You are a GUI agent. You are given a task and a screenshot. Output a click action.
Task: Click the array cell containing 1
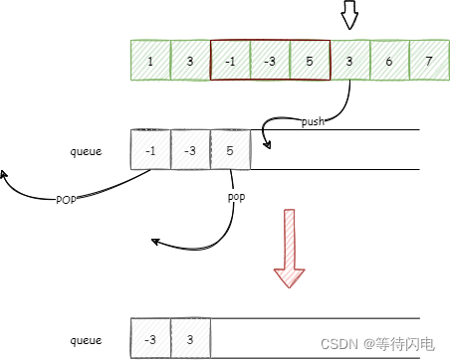(x=150, y=60)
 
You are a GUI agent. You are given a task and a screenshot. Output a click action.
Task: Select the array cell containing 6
(x=389, y=60)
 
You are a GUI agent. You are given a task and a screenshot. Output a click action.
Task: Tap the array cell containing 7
(x=429, y=60)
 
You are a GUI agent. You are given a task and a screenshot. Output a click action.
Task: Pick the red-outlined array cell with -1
(x=230, y=60)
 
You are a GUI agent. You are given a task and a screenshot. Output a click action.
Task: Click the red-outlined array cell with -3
(x=270, y=60)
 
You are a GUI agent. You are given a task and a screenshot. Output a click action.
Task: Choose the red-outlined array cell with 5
(x=310, y=60)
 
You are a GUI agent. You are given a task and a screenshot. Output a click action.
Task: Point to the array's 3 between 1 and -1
(x=190, y=60)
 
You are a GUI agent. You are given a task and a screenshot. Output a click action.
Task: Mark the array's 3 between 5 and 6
(x=349, y=60)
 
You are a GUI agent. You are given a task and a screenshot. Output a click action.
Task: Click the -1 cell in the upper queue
(x=150, y=149)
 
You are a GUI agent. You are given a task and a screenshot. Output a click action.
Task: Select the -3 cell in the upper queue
(x=190, y=149)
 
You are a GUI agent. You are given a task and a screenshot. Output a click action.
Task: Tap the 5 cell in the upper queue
(x=230, y=149)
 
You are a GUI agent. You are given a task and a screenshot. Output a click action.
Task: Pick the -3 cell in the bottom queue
(x=150, y=339)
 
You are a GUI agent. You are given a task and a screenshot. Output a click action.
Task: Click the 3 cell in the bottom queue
(x=190, y=339)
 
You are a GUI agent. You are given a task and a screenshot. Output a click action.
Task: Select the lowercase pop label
(x=236, y=198)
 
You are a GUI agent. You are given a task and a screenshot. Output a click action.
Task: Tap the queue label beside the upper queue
(x=87, y=151)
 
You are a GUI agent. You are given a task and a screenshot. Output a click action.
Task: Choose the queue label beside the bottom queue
(x=87, y=340)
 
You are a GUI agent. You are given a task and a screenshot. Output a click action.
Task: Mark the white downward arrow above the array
(x=349, y=16)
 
